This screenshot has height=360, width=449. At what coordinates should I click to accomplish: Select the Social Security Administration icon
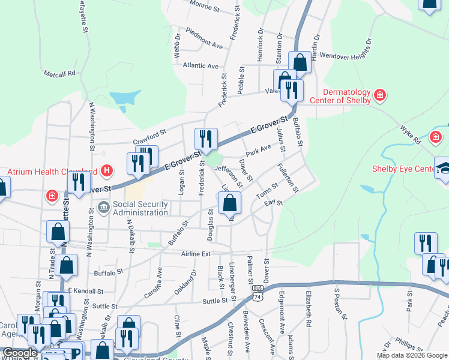102,208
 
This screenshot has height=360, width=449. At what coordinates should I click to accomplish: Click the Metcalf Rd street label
59,74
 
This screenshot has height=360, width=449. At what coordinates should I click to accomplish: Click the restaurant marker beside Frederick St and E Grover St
206,139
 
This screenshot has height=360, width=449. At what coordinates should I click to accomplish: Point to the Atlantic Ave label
201,65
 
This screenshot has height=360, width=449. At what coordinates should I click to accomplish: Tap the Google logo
20,353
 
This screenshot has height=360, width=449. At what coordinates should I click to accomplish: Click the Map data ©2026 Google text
412,355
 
